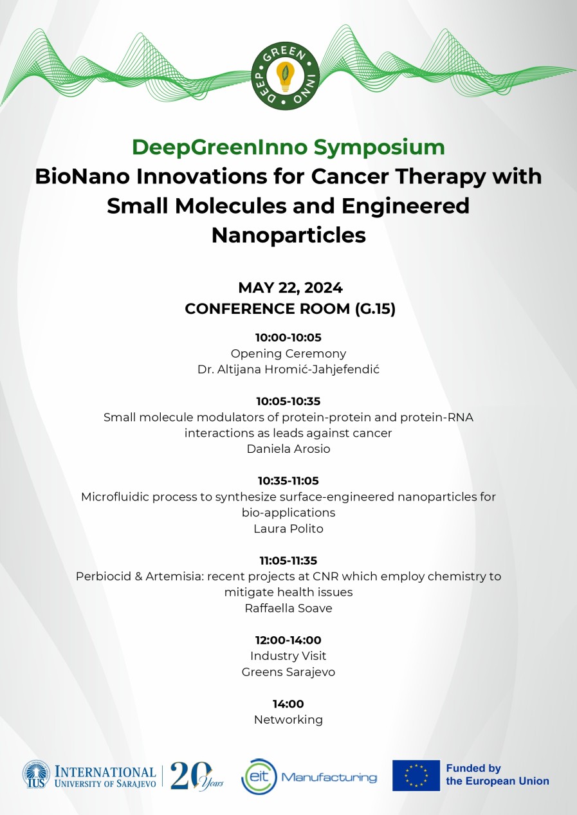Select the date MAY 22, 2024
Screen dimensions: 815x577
[x=289, y=288]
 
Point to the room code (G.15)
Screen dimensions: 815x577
[x=375, y=309]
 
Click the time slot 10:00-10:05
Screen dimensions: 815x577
[x=288, y=337]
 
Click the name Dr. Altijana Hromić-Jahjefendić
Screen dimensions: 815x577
[x=288, y=369]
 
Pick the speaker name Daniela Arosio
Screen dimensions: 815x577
[x=288, y=449]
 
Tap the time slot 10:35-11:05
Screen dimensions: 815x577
[x=288, y=481]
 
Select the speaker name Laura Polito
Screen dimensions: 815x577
[x=288, y=529]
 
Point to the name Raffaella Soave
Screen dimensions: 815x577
[x=288, y=608]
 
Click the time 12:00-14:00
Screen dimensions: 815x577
[x=288, y=640]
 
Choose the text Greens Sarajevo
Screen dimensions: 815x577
[x=288, y=672]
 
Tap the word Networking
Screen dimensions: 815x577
[x=288, y=720]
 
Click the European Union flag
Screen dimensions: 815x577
[x=416, y=775]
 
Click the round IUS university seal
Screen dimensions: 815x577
[x=36, y=775]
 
